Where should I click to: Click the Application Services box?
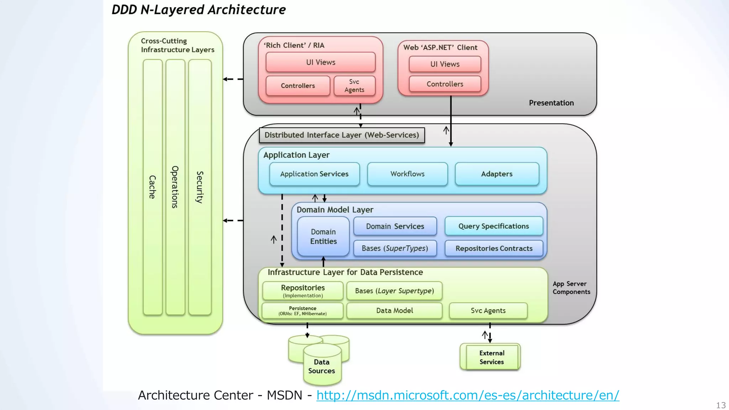tap(314, 174)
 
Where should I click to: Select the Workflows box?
tap(407, 174)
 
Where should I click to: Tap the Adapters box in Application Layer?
tap(497, 174)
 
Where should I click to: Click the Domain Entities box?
tap(323, 236)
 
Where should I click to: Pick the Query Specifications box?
tap(493, 226)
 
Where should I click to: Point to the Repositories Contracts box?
tap(494, 248)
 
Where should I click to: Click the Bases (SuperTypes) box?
tap(395, 248)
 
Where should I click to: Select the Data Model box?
tap(394, 311)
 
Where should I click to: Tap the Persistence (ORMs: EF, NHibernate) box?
tap(303, 311)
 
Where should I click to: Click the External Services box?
tap(491, 357)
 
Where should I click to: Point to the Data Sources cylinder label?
tap(321, 367)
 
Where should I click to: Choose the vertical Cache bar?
tap(152, 187)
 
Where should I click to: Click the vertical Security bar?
tap(200, 187)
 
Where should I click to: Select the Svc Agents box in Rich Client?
tap(354, 86)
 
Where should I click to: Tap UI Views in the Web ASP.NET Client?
tap(445, 64)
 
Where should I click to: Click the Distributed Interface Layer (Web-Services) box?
tap(342, 135)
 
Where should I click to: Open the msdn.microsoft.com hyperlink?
tap(467, 395)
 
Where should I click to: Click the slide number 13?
tap(720, 405)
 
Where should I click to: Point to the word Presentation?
tap(551, 103)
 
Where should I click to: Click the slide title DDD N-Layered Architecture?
tap(199, 10)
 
